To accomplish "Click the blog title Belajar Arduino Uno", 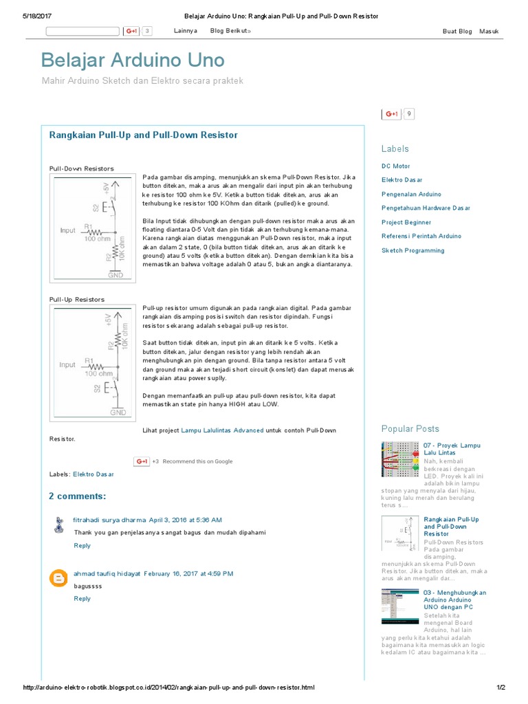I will [133, 60].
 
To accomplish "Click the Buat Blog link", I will [457, 31].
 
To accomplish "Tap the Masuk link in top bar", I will [489, 31].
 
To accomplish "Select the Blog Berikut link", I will [230, 31].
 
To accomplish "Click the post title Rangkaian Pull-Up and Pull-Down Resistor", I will [144, 135].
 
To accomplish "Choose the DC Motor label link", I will [395, 166].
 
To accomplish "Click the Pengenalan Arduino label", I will [411, 195].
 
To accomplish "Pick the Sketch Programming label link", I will [412, 250].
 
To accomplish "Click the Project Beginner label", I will [406, 223].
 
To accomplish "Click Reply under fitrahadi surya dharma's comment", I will [82, 545].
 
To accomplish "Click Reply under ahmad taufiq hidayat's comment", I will [82, 598].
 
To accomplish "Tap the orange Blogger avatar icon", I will [59, 577].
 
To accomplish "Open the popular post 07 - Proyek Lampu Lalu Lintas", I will [452, 449].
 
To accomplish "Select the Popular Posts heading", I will [410, 428].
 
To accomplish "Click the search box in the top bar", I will [82, 31].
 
